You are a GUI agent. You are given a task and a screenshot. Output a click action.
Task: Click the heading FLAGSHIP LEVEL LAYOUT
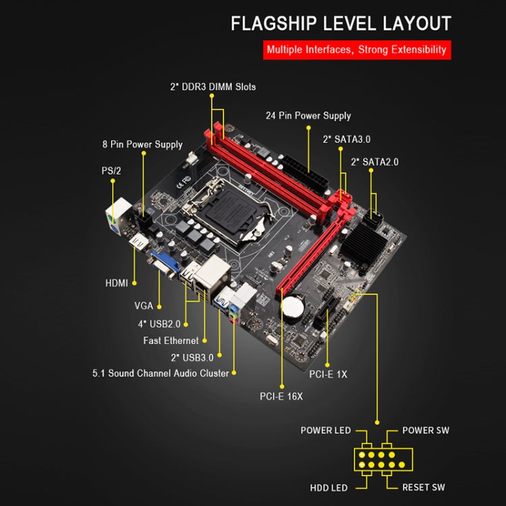[341, 24]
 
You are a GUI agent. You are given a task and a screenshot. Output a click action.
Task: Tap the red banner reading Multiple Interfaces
[356, 49]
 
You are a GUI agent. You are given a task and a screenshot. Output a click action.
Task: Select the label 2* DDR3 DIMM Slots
[213, 87]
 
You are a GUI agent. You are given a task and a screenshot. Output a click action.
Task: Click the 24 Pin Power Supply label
[308, 115]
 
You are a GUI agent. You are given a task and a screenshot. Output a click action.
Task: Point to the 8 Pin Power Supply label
[142, 144]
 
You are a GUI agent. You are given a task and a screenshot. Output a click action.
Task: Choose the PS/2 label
[111, 171]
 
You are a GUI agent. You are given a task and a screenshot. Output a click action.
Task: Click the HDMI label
[117, 283]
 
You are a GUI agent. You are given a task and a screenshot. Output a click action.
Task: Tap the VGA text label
[143, 306]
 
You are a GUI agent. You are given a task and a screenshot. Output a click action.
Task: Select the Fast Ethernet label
[171, 341]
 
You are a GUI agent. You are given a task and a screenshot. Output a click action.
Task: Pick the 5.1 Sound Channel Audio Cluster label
[161, 373]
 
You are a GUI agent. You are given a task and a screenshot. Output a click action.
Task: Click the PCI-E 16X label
[281, 396]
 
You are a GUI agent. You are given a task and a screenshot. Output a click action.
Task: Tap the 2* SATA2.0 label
[374, 162]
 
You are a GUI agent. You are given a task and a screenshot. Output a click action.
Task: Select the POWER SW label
[425, 430]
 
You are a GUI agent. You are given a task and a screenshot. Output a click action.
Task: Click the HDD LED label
[330, 487]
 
